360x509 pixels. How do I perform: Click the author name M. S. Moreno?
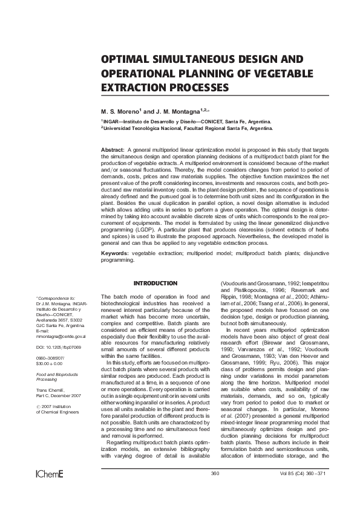[x=120, y=112]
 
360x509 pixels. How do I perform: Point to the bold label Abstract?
[x=113, y=149]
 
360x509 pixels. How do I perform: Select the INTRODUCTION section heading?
[x=155, y=284]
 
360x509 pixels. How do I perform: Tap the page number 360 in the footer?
[x=214, y=473]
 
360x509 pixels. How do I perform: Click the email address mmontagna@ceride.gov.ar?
[x=61, y=336]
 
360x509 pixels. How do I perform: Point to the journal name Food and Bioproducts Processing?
[x=55, y=378]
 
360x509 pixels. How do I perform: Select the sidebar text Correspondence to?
[x=56, y=299]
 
